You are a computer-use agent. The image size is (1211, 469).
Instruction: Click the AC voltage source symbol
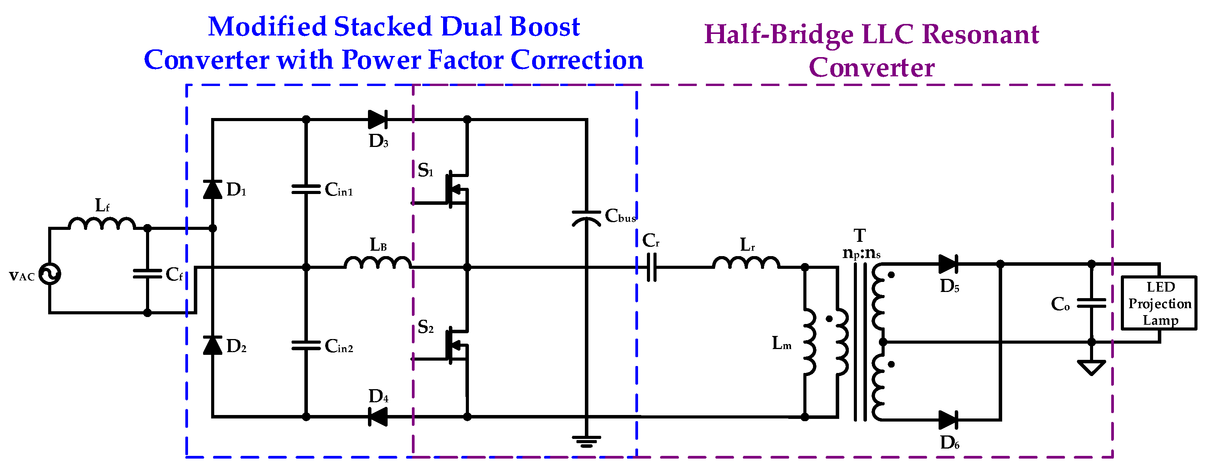[49, 274]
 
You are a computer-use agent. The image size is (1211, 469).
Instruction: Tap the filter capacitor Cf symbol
[147, 274]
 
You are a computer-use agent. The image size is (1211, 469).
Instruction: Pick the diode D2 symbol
[212, 345]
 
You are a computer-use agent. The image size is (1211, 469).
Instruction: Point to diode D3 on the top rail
[378, 120]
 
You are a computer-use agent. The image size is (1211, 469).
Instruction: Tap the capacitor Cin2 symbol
[306, 345]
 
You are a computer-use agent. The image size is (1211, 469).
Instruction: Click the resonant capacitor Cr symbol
[652, 267]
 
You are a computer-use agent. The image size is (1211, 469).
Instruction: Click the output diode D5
[948, 264]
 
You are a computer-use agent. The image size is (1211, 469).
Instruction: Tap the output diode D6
[948, 420]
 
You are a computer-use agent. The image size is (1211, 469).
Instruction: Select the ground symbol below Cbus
[586, 441]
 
